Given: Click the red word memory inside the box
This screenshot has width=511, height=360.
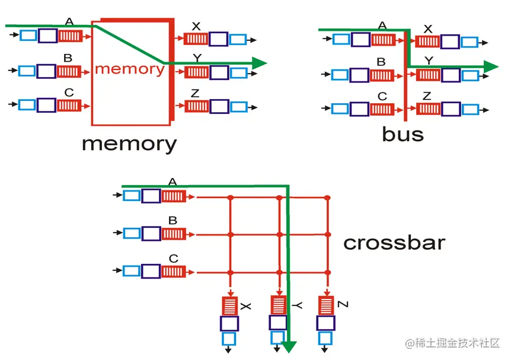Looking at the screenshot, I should coord(129,69).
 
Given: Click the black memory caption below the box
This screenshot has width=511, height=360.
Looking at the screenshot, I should coord(129,144).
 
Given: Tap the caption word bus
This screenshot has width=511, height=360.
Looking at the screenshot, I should coord(403,135).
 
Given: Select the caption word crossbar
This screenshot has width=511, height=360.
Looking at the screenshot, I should coord(394,243).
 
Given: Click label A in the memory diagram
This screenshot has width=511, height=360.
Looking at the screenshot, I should coord(69,22).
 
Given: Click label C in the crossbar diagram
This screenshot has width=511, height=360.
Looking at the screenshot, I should coord(173,259).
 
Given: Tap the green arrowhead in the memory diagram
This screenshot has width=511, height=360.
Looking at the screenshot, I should coord(259,62).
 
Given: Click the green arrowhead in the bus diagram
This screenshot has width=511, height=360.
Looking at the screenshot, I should coord(491,66).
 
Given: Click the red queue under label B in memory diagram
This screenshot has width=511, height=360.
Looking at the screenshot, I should coord(69,71).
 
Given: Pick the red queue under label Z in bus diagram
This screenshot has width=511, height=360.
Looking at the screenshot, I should coord(428,109).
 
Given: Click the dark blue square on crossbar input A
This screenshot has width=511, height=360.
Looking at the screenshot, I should coord(151,196).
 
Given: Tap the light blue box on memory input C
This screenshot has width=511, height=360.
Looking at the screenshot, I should coord(27,105).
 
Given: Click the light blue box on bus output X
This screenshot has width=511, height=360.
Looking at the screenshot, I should coord(470,42).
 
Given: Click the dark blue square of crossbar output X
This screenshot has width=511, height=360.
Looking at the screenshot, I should coord(229,324).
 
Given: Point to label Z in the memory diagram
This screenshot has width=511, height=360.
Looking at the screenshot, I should coord(194,94).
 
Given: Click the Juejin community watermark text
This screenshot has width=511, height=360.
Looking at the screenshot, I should coord(453,343).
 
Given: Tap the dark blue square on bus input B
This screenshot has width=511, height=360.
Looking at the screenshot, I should coord(359,75).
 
